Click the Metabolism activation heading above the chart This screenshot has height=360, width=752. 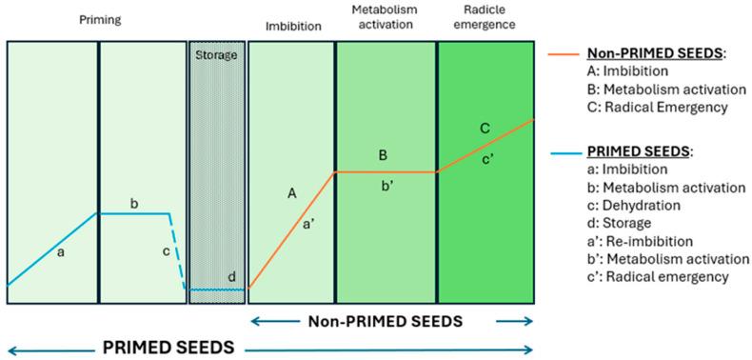pos(386,18)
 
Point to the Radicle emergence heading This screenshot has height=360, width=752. pos(485,18)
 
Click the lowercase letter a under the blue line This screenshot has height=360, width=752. pos(62,252)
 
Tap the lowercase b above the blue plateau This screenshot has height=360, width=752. pos(134,203)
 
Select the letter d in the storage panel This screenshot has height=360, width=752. pos(231,277)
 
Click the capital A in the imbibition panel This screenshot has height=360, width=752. pos(292,192)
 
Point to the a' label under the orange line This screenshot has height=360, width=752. pos(310,225)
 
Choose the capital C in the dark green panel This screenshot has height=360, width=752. pos(485,126)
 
